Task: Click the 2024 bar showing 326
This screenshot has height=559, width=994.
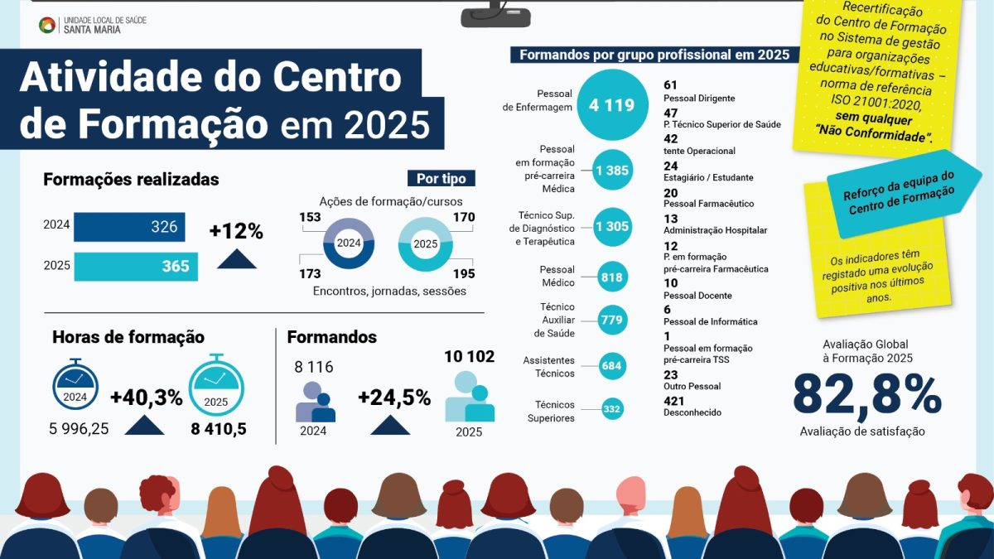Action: [129, 227]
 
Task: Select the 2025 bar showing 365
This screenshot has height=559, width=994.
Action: [136, 267]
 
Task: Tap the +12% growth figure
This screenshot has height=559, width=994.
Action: [236, 232]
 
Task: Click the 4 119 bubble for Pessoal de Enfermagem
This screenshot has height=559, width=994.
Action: [611, 104]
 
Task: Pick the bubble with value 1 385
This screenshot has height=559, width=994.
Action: [612, 171]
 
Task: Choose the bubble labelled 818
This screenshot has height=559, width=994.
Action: [612, 277]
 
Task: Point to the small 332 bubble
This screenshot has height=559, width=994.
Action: [612, 409]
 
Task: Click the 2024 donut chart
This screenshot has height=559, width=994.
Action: [349, 243]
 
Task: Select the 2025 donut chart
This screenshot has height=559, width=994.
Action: [425, 244]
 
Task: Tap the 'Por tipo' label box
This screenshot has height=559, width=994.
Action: [442, 178]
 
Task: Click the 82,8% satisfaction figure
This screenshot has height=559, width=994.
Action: [866, 395]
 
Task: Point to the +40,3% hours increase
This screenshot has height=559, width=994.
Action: [146, 398]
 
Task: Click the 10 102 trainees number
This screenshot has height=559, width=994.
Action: [469, 357]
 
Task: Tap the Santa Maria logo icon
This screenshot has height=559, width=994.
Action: [47, 25]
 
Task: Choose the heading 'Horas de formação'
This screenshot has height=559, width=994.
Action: [128, 337]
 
